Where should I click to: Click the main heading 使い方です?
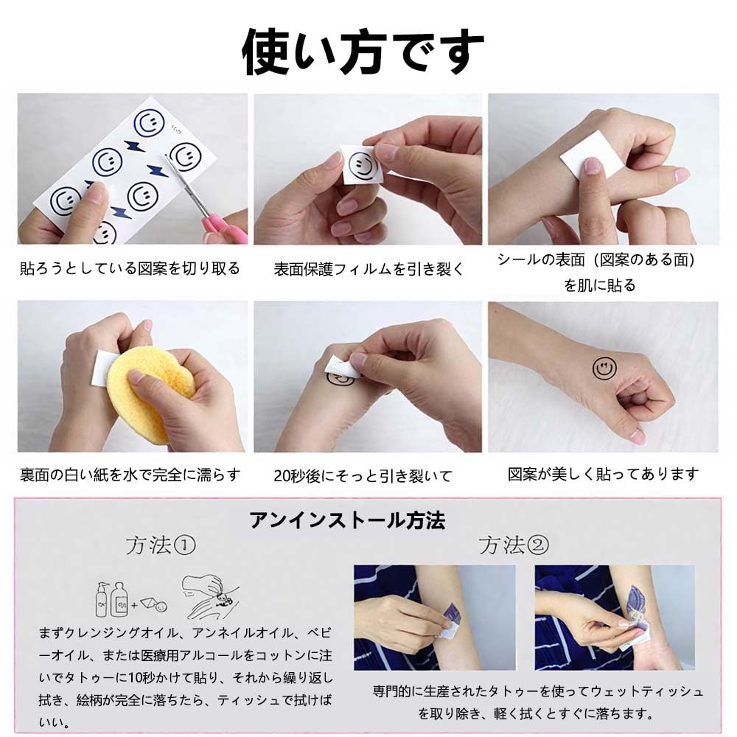(x=363, y=52)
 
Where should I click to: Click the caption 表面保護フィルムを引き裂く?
(x=368, y=269)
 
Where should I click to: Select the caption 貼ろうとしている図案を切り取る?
(x=130, y=268)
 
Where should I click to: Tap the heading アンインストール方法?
(x=347, y=521)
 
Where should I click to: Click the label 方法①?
(x=160, y=545)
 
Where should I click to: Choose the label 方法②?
(x=513, y=545)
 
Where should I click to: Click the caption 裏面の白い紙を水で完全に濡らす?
(x=130, y=475)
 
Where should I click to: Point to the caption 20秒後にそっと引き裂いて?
(x=363, y=476)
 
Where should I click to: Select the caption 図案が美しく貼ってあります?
(x=603, y=474)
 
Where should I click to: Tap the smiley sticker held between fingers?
(x=361, y=165)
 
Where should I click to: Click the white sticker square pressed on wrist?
(x=585, y=155)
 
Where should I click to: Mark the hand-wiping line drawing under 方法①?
(x=210, y=596)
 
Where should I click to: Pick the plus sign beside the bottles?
(x=134, y=605)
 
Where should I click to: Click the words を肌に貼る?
(x=599, y=285)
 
